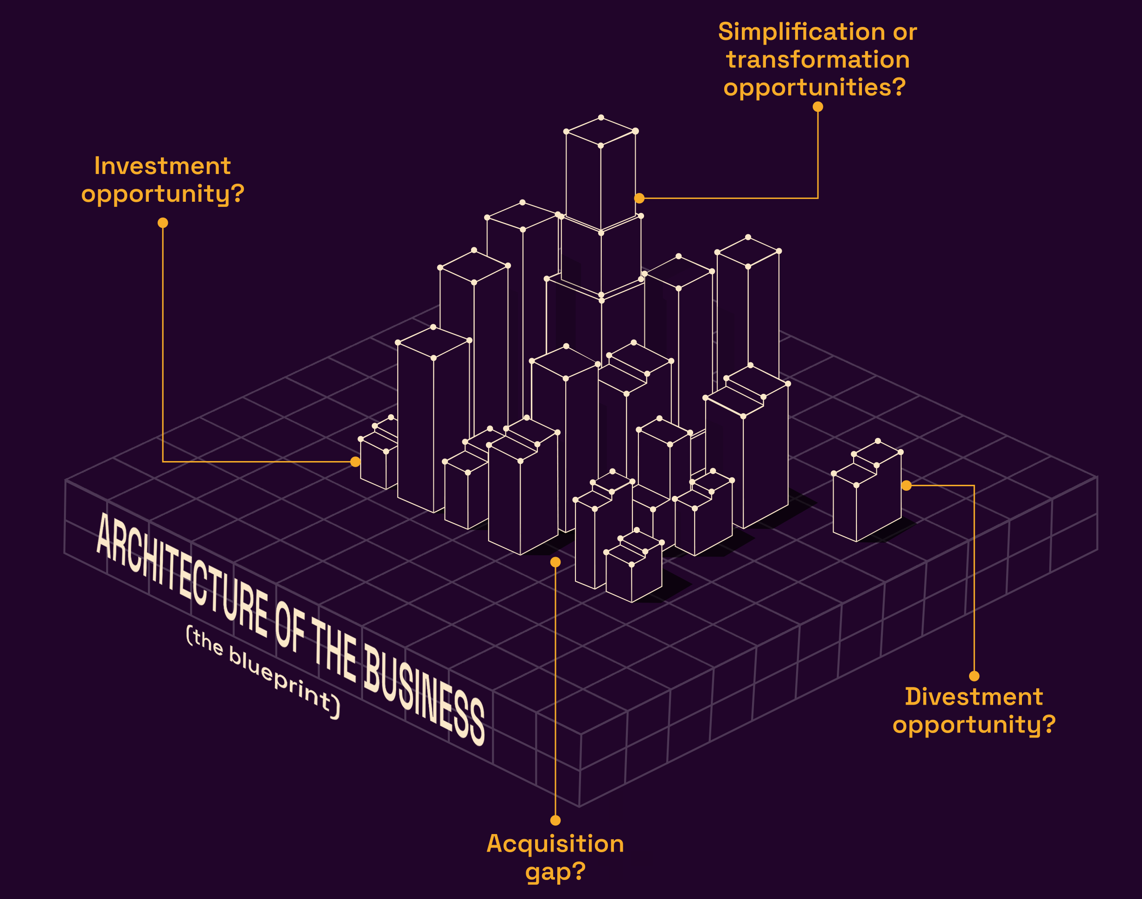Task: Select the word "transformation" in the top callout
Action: (817, 60)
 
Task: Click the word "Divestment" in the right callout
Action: (974, 697)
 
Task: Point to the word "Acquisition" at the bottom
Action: (555, 844)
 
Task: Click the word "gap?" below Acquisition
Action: (555, 872)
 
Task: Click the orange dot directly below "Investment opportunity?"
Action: (163, 223)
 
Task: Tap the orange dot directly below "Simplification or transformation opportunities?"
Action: (817, 107)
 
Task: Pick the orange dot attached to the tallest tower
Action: (639, 199)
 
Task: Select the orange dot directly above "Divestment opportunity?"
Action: (974, 676)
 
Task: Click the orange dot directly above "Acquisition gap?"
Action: (555, 821)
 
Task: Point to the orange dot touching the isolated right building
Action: (906, 485)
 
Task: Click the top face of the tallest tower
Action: (601, 131)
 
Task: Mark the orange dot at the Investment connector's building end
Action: (356, 462)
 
